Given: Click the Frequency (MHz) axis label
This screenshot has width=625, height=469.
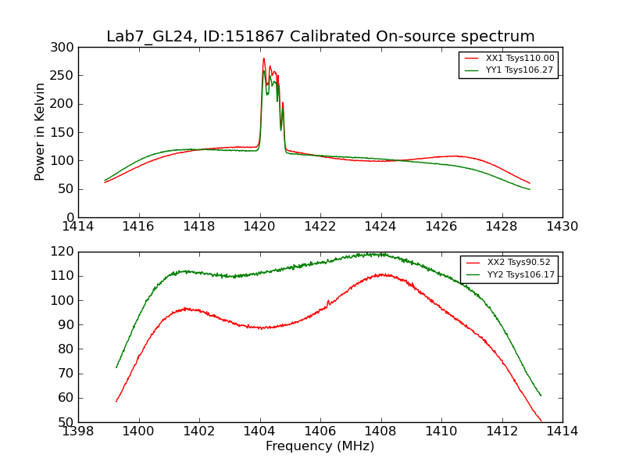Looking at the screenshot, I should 320,446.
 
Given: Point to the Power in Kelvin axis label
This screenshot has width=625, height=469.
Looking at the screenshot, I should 40,132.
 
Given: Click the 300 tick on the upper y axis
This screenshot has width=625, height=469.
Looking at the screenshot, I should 65,48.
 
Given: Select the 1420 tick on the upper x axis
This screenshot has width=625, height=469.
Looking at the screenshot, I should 260,226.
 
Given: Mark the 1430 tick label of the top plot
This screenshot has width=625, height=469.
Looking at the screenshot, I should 562,226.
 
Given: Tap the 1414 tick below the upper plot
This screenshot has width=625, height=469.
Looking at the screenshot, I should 78,226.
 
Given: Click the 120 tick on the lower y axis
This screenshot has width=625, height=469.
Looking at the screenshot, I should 65,252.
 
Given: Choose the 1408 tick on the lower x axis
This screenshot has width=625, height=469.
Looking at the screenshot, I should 380,431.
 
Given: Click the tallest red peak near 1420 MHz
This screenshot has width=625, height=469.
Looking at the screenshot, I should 264,59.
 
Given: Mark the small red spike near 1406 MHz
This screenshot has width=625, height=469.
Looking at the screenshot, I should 328,301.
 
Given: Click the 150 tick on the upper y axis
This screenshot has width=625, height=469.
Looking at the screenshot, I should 65,132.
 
